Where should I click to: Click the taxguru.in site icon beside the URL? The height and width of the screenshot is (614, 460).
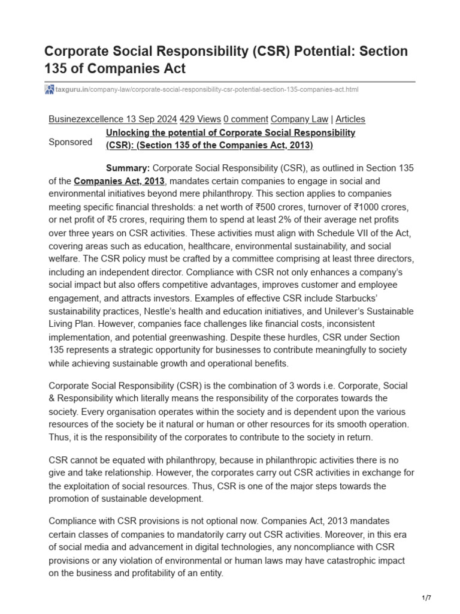[x=49, y=89]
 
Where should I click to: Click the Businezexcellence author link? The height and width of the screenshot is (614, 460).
[x=86, y=119]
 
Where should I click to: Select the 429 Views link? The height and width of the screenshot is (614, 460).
[x=201, y=119]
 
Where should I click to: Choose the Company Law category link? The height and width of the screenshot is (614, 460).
[x=299, y=119]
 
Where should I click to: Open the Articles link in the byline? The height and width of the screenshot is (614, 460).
[x=350, y=119]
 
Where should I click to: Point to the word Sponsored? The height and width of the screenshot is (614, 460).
[x=70, y=142]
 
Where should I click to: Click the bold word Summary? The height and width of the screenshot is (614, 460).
[x=128, y=168]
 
